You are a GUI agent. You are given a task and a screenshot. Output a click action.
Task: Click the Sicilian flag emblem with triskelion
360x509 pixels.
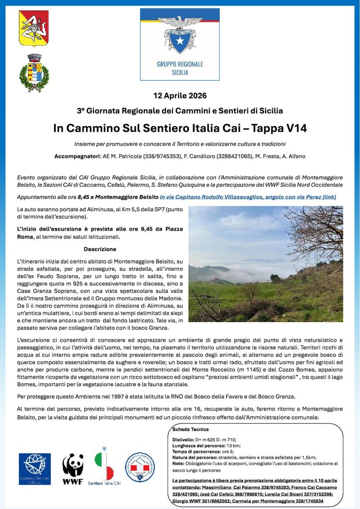[x=34, y=28]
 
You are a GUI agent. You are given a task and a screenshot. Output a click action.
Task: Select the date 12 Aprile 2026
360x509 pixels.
[x=180, y=95]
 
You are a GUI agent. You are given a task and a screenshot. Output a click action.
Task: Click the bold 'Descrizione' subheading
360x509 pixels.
[x=100, y=249]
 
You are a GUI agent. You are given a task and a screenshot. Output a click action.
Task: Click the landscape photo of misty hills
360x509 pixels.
[x=266, y=263]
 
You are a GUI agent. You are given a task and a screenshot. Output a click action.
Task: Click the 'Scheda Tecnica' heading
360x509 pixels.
[x=190, y=429]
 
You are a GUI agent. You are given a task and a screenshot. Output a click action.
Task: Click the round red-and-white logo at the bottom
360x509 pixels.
[x=140, y=467]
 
